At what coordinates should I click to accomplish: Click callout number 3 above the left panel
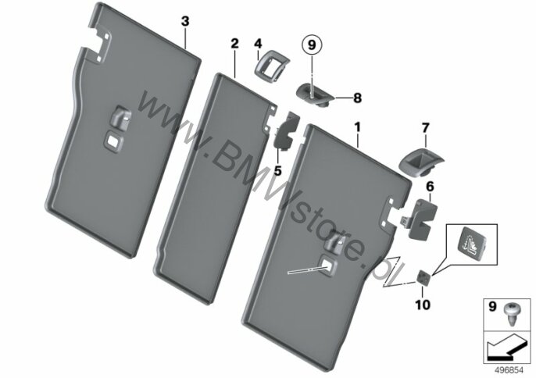point(184,21)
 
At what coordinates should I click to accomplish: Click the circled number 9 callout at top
point(313,45)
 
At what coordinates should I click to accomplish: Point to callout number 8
point(358,98)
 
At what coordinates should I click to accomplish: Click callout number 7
point(426,126)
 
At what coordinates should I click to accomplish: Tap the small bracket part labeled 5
point(286,134)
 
